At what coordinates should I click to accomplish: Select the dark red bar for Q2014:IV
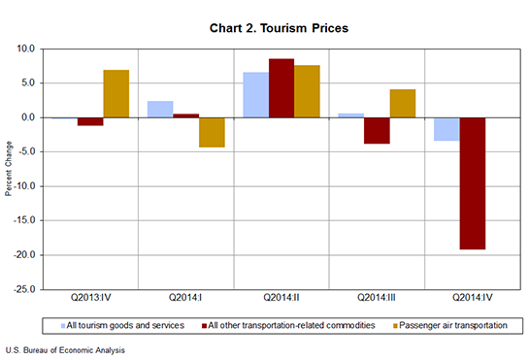pyautogui.click(x=472, y=183)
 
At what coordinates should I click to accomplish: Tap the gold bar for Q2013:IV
pyautogui.click(x=116, y=93)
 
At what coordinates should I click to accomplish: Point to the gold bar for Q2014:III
pyautogui.click(x=402, y=103)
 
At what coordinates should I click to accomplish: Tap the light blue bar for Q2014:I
pyautogui.click(x=160, y=109)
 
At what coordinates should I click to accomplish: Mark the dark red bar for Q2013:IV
pyautogui.click(x=90, y=121)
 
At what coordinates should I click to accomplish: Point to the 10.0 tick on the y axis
pyautogui.click(x=25, y=49)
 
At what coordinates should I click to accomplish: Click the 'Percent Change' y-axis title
pyautogui.click(x=9, y=169)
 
